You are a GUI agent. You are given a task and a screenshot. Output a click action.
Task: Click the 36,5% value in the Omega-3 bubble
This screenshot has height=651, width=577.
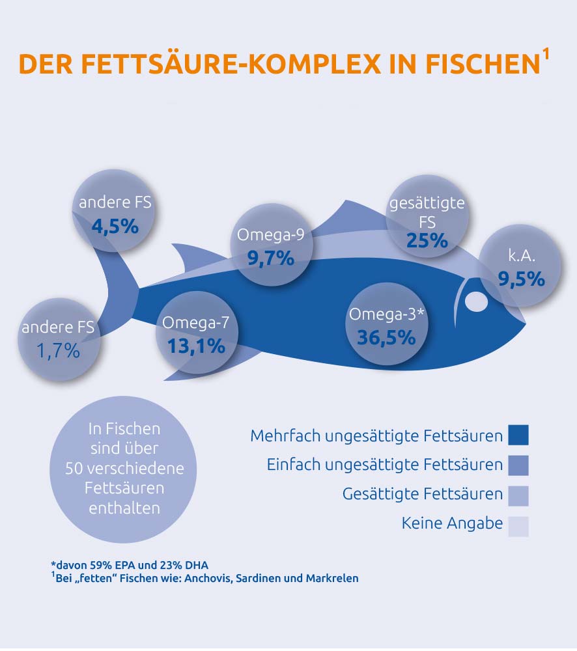pyautogui.click(x=386, y=337)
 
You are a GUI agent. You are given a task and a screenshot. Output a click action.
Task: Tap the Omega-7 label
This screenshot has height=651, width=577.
pyautogui.click(x=195, y=322)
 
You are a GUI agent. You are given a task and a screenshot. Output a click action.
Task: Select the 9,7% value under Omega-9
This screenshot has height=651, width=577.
pyautogui.click(x=271, y=258)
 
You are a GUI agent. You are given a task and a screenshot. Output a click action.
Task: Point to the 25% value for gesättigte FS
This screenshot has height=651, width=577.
pyautogui.click(x=427, y=241)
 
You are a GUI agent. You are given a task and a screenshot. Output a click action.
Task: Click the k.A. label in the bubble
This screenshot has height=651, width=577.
pyautogui.click(x=520, y=255)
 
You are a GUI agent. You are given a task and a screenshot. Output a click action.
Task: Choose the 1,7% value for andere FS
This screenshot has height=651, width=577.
pyautogui.click(x=58, y=352)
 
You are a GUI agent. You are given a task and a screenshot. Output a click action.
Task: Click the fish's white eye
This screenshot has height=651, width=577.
pyautogui.click(x=475, y=301)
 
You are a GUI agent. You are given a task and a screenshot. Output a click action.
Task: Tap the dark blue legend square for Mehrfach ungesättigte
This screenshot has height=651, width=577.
pyautogui.click(x=518, y=435)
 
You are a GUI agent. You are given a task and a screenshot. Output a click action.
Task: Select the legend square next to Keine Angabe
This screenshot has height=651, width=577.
pyautogui.click(x=518, y=526)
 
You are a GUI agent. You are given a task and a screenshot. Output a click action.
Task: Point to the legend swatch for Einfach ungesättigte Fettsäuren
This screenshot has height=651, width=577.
pyautogui.click(x=518, y=465)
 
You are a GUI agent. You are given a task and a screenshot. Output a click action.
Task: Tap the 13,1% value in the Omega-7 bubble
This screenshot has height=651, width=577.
pyautogui.click(x=196, y=346)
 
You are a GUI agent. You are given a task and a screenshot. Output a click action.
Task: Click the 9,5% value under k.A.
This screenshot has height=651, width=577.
pyautogui.click(x=520, y=279)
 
